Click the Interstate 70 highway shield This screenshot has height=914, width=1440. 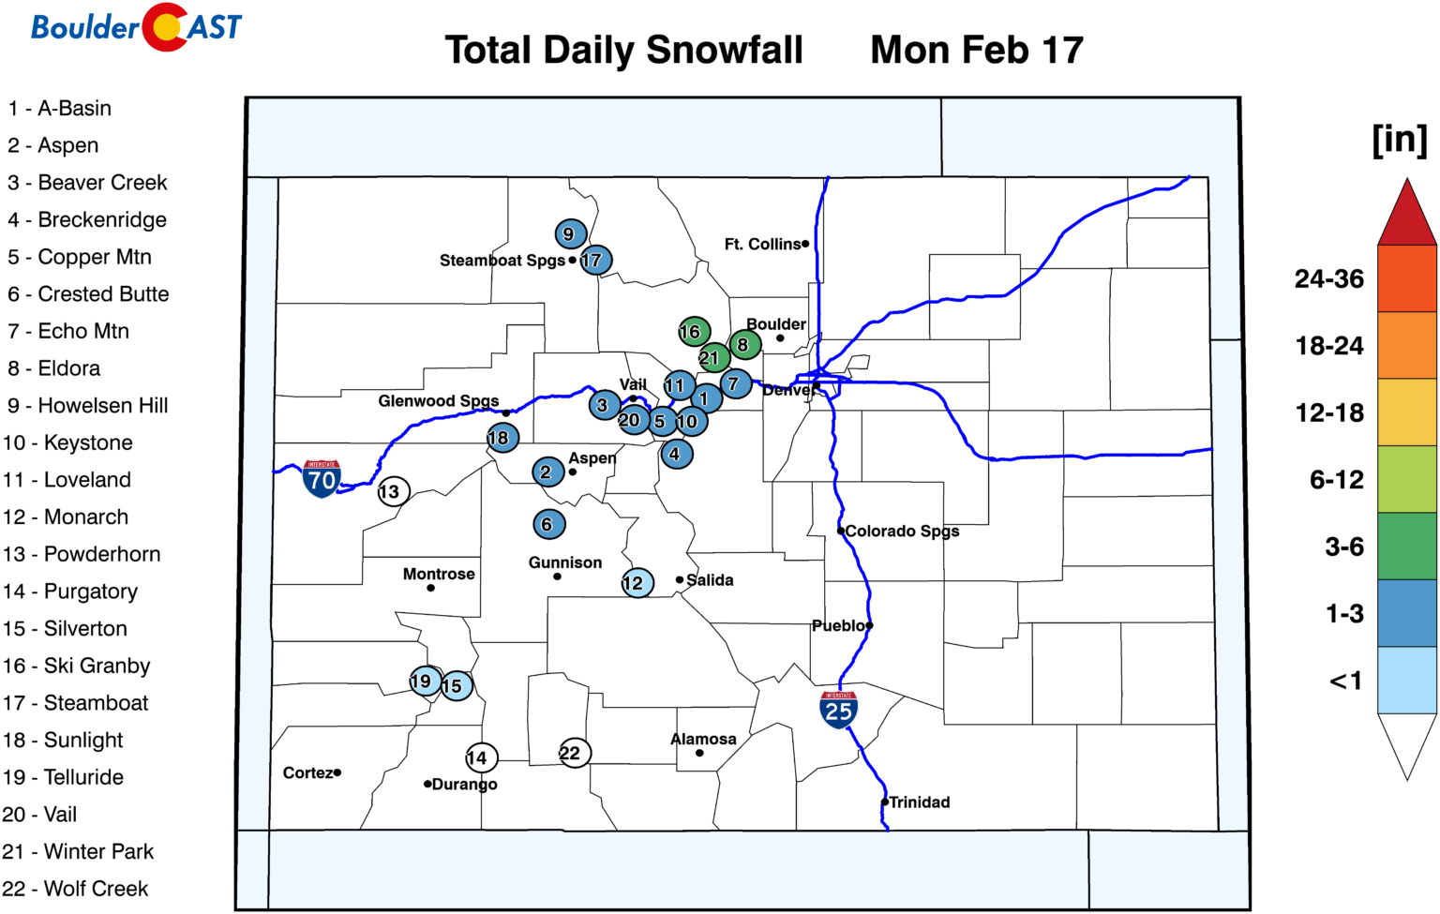click(x=322, y=479)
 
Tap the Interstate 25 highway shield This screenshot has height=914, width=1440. click(x=838, y=710)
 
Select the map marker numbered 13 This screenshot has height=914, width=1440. click(x=393, y=491)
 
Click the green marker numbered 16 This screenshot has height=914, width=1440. click(x=693, y=331)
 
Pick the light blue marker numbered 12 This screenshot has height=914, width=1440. click(x=637, y=583)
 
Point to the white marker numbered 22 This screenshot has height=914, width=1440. click(x=574, y=753)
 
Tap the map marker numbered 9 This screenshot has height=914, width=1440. click(x=569, y=233)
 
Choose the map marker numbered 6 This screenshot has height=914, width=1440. click(x=548, y=524)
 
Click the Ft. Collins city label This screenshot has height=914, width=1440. click(x=762, y=245)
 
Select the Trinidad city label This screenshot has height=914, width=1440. click(x=919, y=802)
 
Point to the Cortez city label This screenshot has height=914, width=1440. click(x=308, y=773)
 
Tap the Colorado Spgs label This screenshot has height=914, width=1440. click(x=902, y=532)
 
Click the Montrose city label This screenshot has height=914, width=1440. click(x=439, y=575)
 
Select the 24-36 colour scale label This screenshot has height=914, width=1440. click(x=1329, y=279)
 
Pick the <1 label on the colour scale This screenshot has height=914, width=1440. click(x=1345, y=682)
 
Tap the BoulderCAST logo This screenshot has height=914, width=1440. click(x=137, y=26)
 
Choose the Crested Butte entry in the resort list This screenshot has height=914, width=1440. click(x=90, y=294)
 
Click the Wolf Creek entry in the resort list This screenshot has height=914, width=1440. click(x=76, y=889)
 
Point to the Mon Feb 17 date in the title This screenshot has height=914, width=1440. click(x=977, y=51)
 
